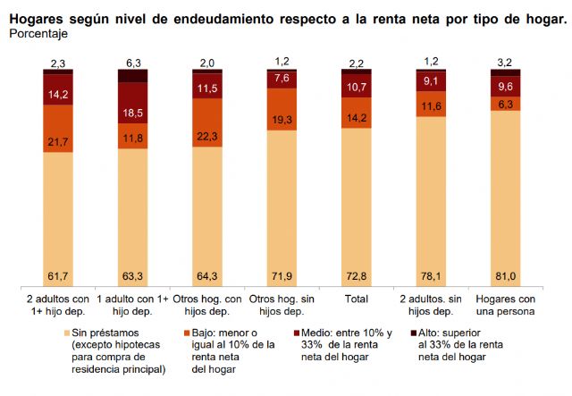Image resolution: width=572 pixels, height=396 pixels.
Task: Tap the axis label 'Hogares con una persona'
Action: click(506, 304)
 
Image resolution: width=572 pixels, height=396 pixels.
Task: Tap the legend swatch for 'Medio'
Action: click(299, 333)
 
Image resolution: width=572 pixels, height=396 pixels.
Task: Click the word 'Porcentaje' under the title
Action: click(38, 33)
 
